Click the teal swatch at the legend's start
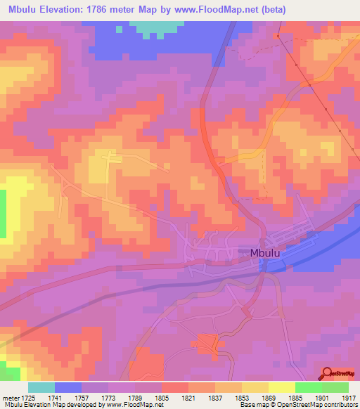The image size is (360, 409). (41, 387)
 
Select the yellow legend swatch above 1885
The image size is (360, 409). (281, 387)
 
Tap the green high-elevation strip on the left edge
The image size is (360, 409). (2, 214)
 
